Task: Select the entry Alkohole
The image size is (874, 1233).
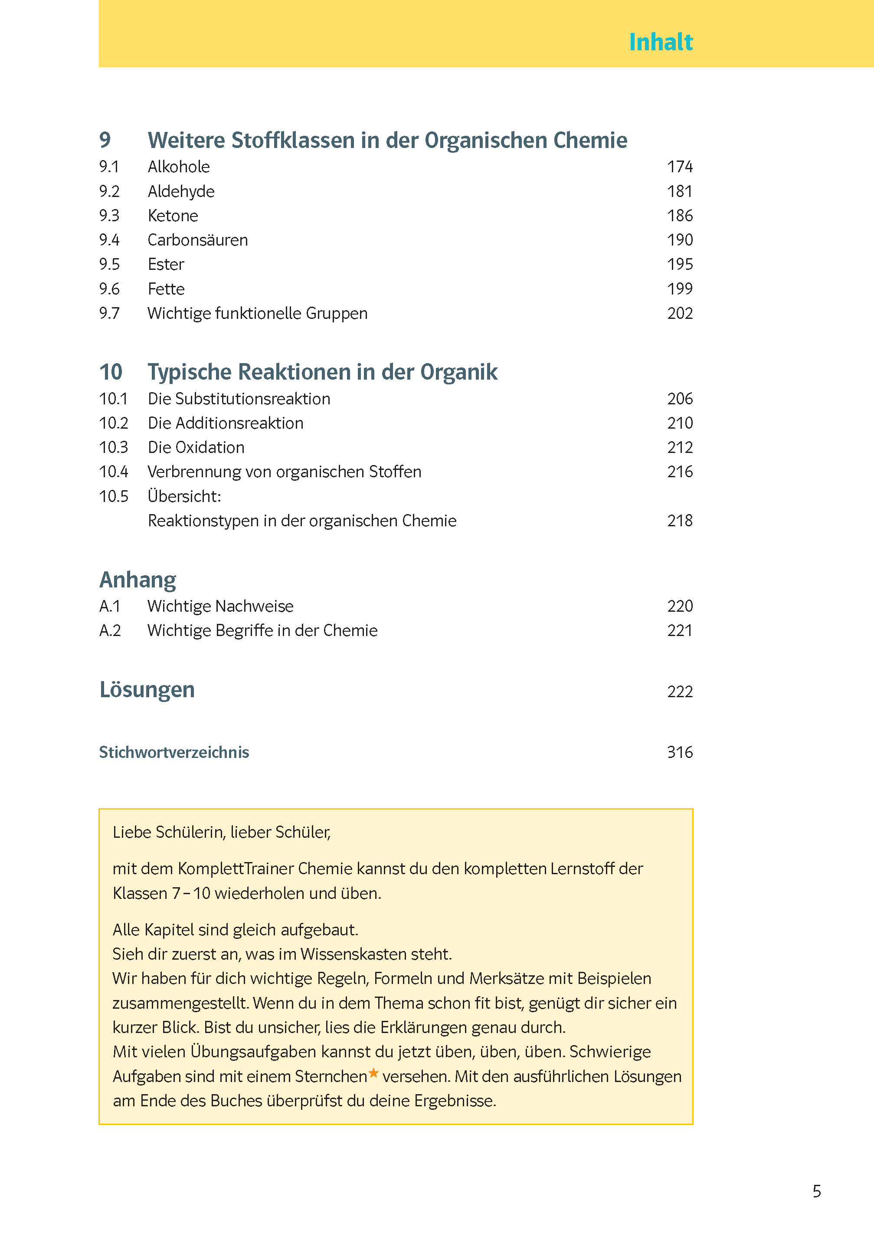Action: coord(179,167)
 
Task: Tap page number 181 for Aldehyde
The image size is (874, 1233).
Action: coord(680,191)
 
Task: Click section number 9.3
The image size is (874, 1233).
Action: coord(109,215)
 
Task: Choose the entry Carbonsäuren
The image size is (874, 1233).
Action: coord(197,240)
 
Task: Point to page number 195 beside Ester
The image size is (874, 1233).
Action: coord(680,264)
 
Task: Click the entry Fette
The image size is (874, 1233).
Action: coord(166,289)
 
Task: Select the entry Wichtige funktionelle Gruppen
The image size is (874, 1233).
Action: coord(257,313)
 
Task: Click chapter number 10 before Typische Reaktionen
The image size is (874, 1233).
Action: coord(111,372)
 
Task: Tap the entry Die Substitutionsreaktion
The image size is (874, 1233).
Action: coord(239,399)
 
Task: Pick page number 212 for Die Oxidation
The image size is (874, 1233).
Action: coord(680,447)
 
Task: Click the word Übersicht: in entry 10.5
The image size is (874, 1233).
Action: coord(184,496)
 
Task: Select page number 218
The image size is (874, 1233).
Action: coord(680,521)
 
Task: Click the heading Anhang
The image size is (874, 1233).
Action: coord(138,580)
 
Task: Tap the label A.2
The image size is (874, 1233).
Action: coord(110,630)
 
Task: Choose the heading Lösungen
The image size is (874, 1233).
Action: coord(147,689)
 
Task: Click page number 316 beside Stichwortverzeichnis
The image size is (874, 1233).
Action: coord(680,752)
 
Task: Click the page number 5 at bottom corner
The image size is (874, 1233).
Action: coord(816,1191)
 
